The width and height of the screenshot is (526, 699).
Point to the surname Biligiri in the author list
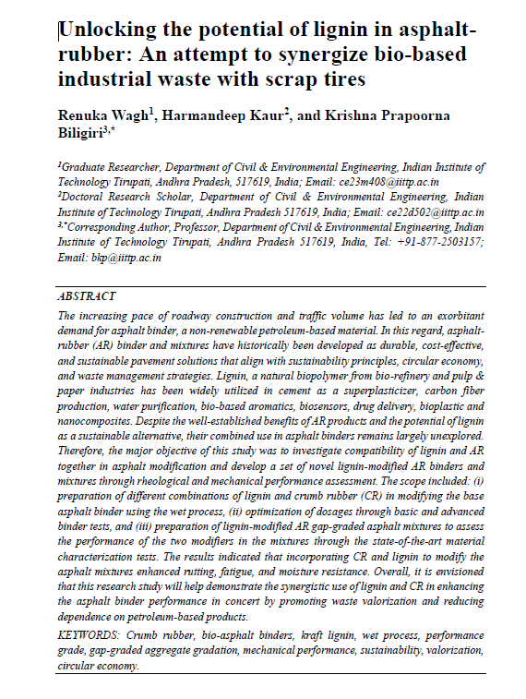pyautogui.click(x=84, y=133)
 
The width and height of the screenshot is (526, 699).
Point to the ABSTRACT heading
pyautogui.click(x=87, y=296)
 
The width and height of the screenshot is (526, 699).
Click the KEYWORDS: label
pyautogui.click(x=92, y=635)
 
